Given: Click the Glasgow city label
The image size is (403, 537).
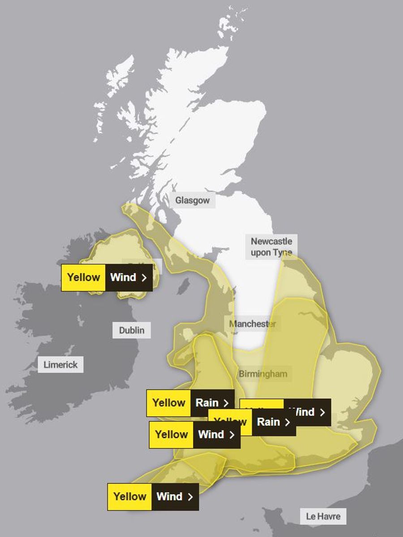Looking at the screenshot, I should (x=192, y=200).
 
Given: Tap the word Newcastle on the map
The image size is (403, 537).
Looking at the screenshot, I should (x=271, y=241).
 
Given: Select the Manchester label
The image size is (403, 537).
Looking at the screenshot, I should (x=253, y=324).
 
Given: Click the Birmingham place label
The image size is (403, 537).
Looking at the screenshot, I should (x=263, y=374).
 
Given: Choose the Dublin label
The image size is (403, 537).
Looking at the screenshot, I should (x=132, y=330).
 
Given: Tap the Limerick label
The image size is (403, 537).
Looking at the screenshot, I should (x=60, y=365).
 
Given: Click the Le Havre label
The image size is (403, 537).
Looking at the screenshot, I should (x=323, y=516).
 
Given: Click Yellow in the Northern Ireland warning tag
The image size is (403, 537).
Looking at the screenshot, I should (x=83, y=277).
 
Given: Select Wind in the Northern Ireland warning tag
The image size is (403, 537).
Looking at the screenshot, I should (x=123, y=277).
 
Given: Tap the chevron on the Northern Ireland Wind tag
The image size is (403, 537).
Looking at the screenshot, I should (x=144, y=278).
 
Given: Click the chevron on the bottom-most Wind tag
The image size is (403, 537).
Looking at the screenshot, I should (x=190, y=497).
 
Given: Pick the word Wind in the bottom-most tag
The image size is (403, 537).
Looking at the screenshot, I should (x=169, y=496).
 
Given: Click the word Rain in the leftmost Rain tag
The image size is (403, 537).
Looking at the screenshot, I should (x=207, y=403).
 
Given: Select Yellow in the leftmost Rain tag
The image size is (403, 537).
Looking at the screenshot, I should (x=169, y=403).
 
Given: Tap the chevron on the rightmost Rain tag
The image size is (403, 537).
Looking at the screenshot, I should (x=287, y=422).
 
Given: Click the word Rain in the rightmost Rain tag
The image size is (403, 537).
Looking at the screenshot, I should (x=269, y=422).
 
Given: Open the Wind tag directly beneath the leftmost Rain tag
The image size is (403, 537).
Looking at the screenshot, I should (x=211, y=435).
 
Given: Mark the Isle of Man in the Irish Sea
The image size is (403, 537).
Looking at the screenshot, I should (x=182, y=286).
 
